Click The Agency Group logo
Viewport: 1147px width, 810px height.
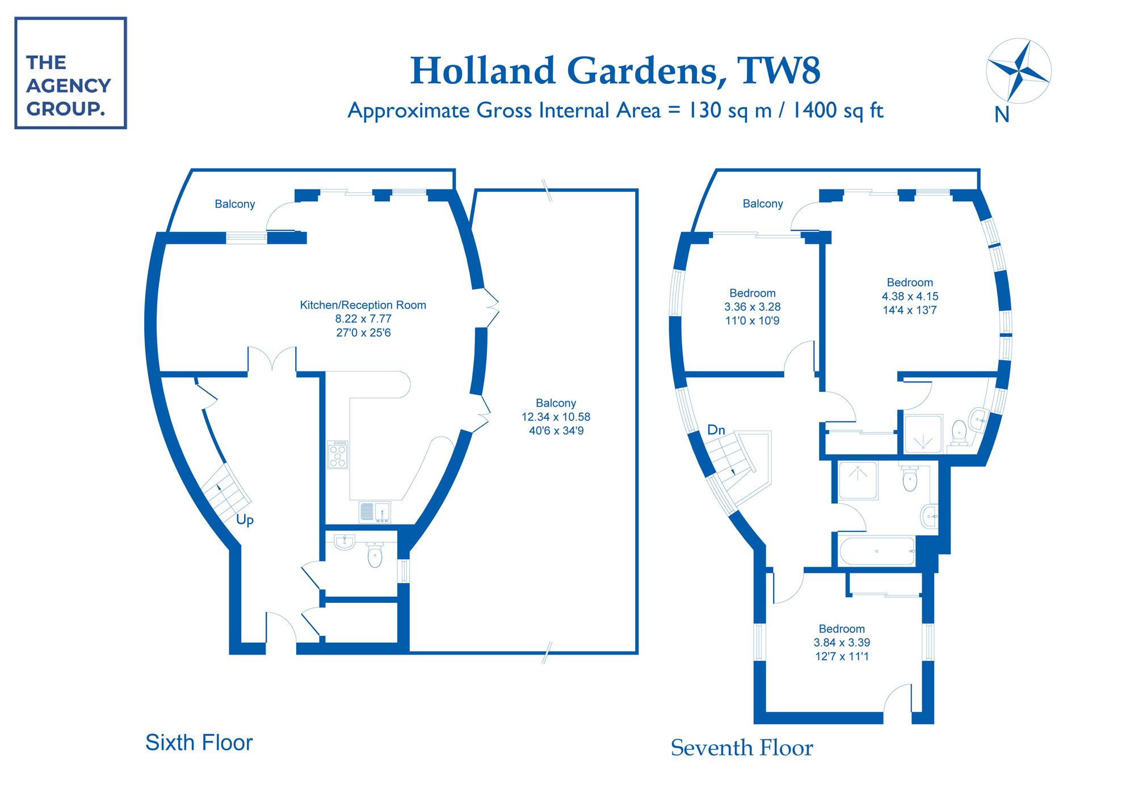click(x=70, y=73)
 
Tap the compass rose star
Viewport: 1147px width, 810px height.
click(x=1019, y=71)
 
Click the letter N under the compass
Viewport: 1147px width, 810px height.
click(x=1002, y=115)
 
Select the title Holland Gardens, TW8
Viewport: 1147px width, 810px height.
click(x=615, y=70)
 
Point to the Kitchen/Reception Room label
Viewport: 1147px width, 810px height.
click(x=363, y=305)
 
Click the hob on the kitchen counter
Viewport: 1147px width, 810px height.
click(x=338, y=454)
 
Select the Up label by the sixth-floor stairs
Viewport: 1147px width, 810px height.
click(x=245, y=520)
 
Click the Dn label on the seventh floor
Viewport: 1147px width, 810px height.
click(x=716, y=430)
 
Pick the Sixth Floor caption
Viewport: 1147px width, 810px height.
click(x=199, y=742)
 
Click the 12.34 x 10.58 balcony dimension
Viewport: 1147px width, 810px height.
click(x=556, y=417)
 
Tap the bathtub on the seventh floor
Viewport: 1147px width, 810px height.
click(x=877, y=551)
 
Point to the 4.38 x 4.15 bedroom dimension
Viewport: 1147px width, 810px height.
click(x=910, y=296)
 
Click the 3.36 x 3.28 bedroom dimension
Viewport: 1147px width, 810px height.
click(x=752, y=307)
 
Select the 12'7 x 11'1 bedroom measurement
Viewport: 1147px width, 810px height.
click(x=841, y=657)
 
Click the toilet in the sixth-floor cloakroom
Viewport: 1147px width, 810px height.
click(x=375, y=555)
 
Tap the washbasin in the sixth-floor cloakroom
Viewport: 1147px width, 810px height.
click(x=344, y=542)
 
